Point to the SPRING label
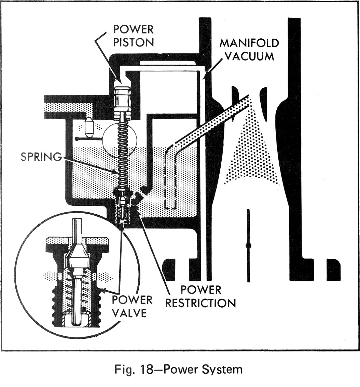pos(40,157)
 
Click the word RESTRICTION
pos(200,303)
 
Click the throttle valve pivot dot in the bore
pos(248,245)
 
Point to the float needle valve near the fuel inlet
pos(89,127)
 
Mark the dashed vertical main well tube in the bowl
pos(170,181)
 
